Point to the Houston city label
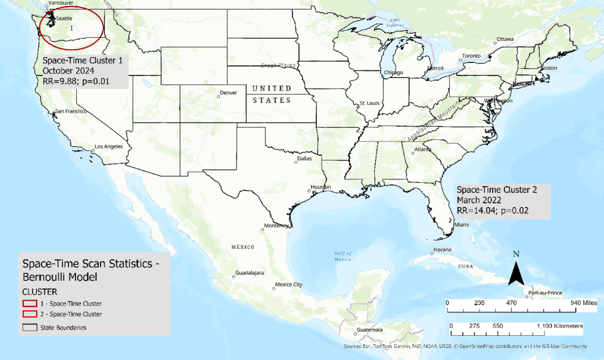[321, 187]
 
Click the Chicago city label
[393, 73]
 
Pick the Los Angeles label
[109, 147]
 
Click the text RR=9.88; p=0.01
[76, 81]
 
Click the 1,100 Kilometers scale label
[558, 326]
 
